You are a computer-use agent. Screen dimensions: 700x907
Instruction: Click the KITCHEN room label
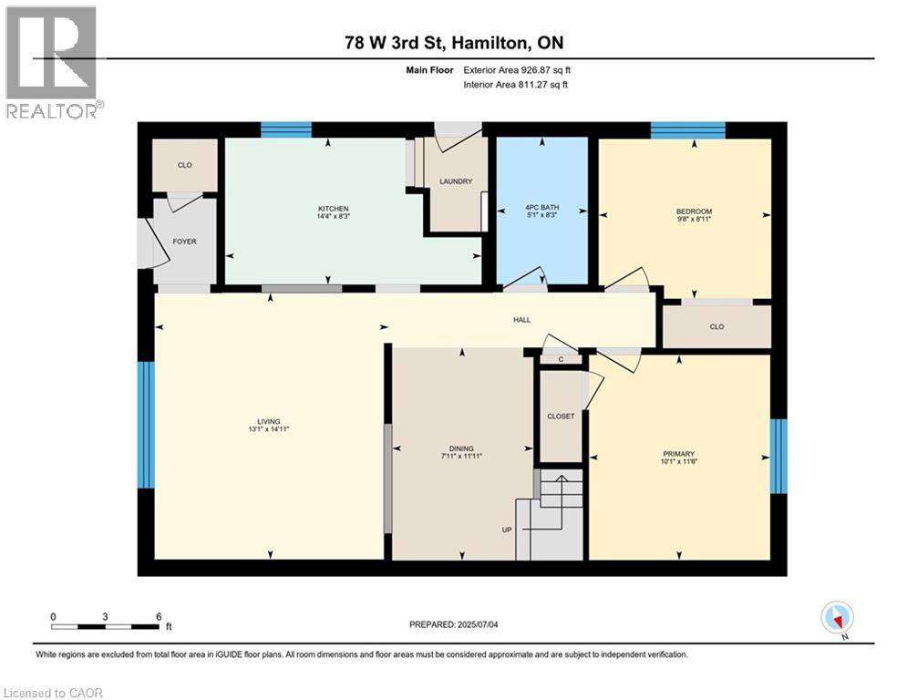coord(333,209)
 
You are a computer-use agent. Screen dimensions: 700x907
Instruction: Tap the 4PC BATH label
coord(542,208)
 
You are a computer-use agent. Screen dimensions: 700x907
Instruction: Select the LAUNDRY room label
coord(456,181)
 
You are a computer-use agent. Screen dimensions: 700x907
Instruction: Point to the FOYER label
coord(185,242)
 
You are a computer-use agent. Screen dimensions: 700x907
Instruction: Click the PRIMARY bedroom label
coord(679,454)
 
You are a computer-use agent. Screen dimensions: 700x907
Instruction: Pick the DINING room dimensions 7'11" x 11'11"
coord(461,456)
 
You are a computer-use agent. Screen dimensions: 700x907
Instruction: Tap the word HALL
coord(521,320)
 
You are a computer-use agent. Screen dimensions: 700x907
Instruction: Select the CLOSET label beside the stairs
coord(561,416)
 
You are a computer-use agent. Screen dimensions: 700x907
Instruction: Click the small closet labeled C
coord(562,360)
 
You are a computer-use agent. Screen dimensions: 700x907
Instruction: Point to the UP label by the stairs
coord(507,530)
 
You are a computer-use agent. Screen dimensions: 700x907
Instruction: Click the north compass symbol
coord(835,617)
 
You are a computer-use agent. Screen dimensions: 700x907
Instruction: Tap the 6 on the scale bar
coord(159,616)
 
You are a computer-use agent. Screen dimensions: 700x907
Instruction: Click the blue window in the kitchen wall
coord(286,129)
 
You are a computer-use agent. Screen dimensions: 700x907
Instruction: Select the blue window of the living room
coord(146,425)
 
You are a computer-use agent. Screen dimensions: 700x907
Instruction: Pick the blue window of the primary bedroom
coord(778,456)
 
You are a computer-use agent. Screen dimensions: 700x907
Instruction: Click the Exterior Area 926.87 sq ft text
coord(517,70)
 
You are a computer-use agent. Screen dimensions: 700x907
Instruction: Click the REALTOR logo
coord(51,60)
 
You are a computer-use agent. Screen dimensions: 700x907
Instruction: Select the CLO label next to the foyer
coord(185,166)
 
